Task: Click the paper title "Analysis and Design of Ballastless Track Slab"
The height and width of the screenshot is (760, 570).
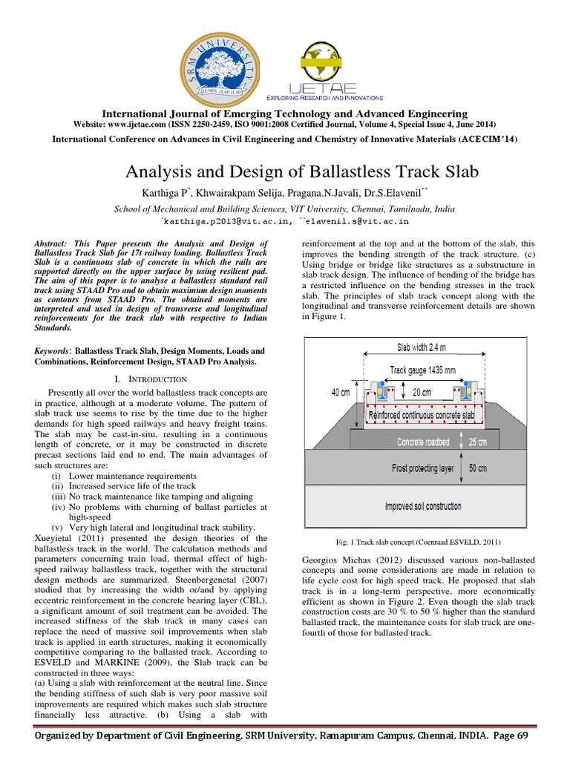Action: click(x=284, y=172)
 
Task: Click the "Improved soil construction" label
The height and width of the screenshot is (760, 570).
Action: click(x=422, y=506)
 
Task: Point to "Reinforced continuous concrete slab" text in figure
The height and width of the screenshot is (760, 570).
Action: click(x=420, y=416)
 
